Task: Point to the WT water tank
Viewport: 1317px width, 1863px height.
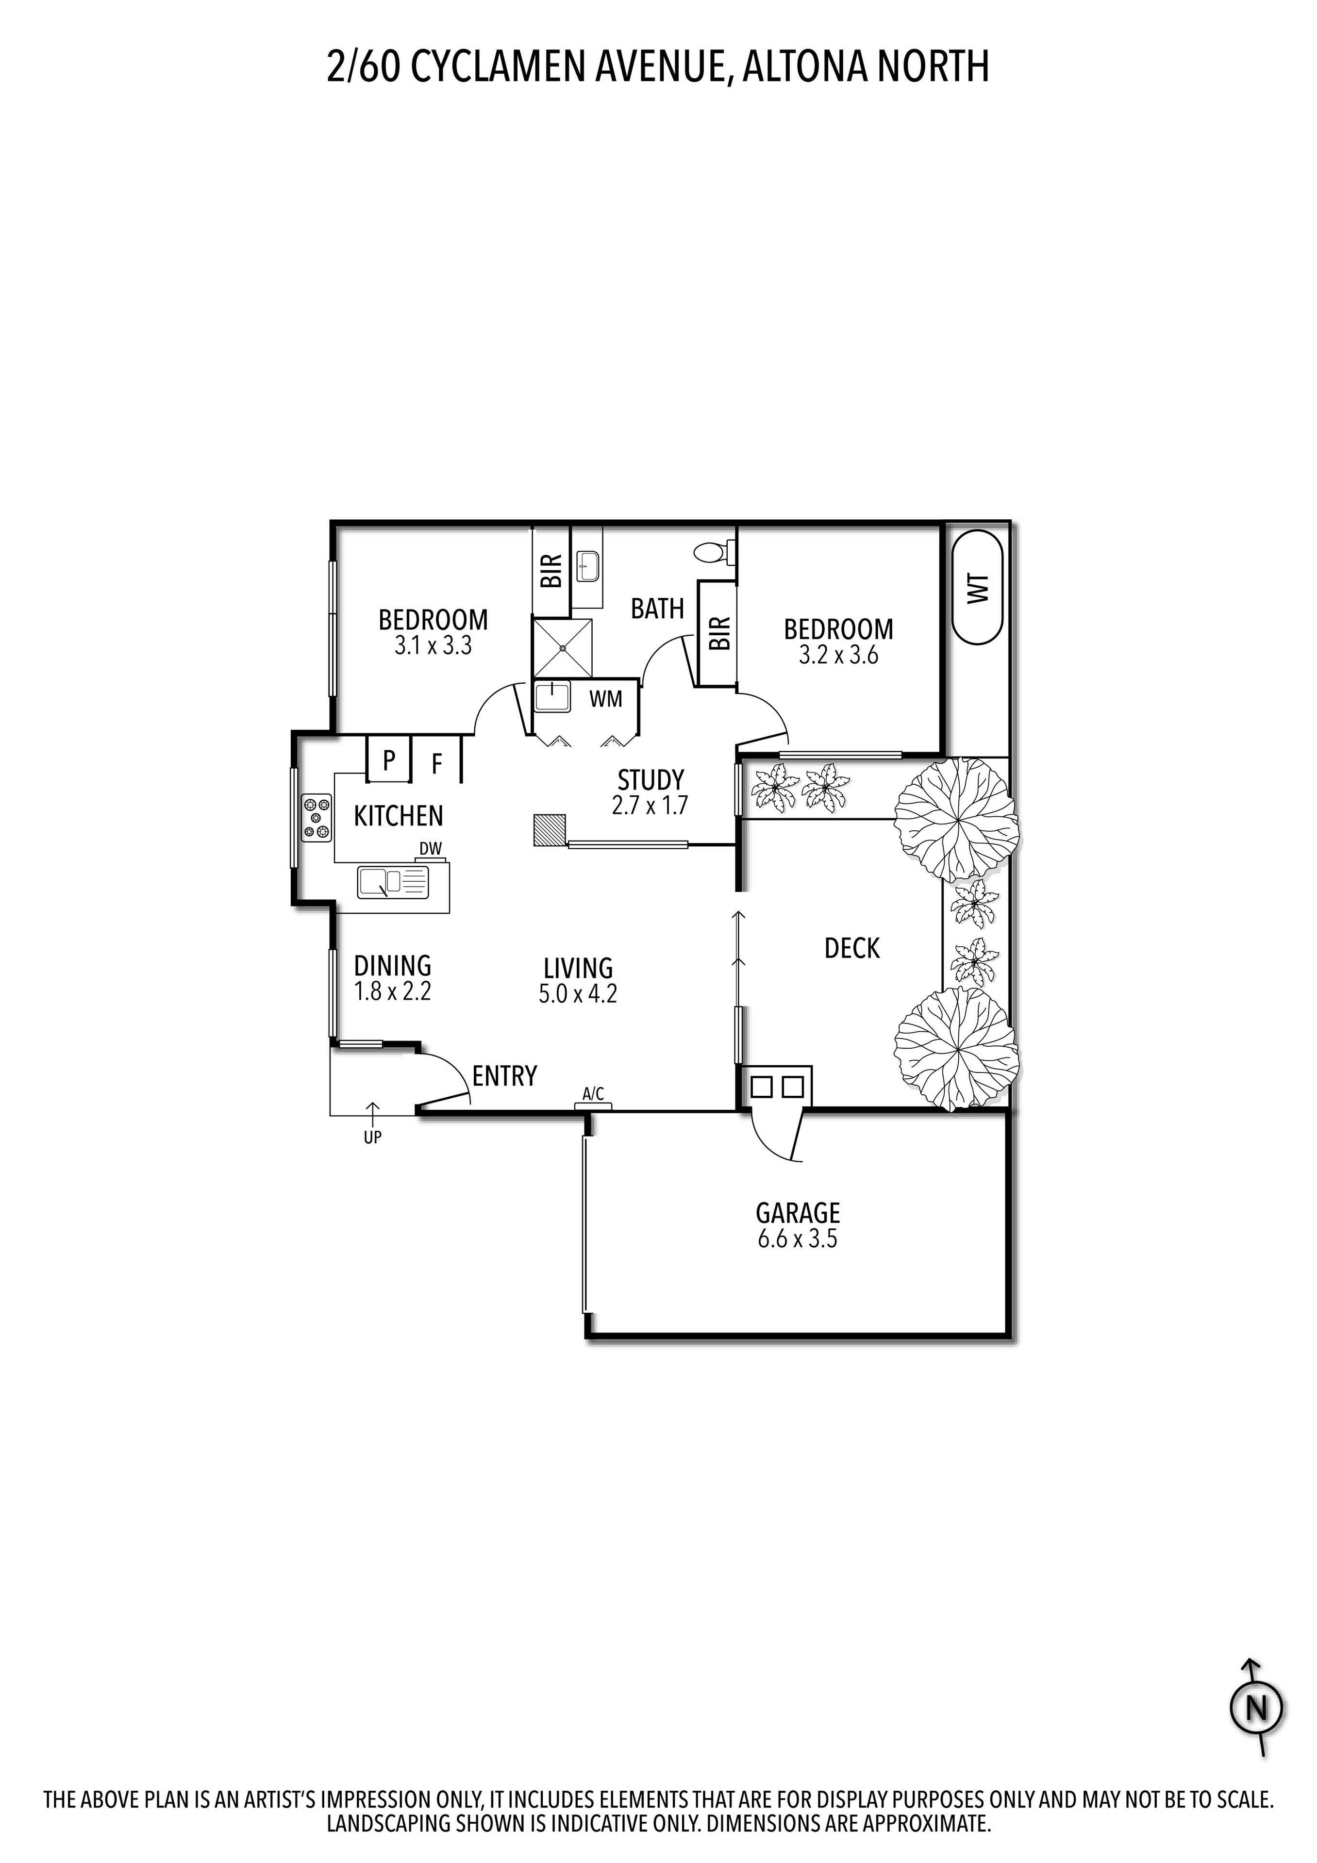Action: [978, 588]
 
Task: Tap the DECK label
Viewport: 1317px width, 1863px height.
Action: [851, 948]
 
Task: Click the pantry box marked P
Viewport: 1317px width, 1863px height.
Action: [389, 760]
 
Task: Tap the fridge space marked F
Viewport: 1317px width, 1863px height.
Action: [436, 763]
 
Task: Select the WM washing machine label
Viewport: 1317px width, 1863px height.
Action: [605, 699]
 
